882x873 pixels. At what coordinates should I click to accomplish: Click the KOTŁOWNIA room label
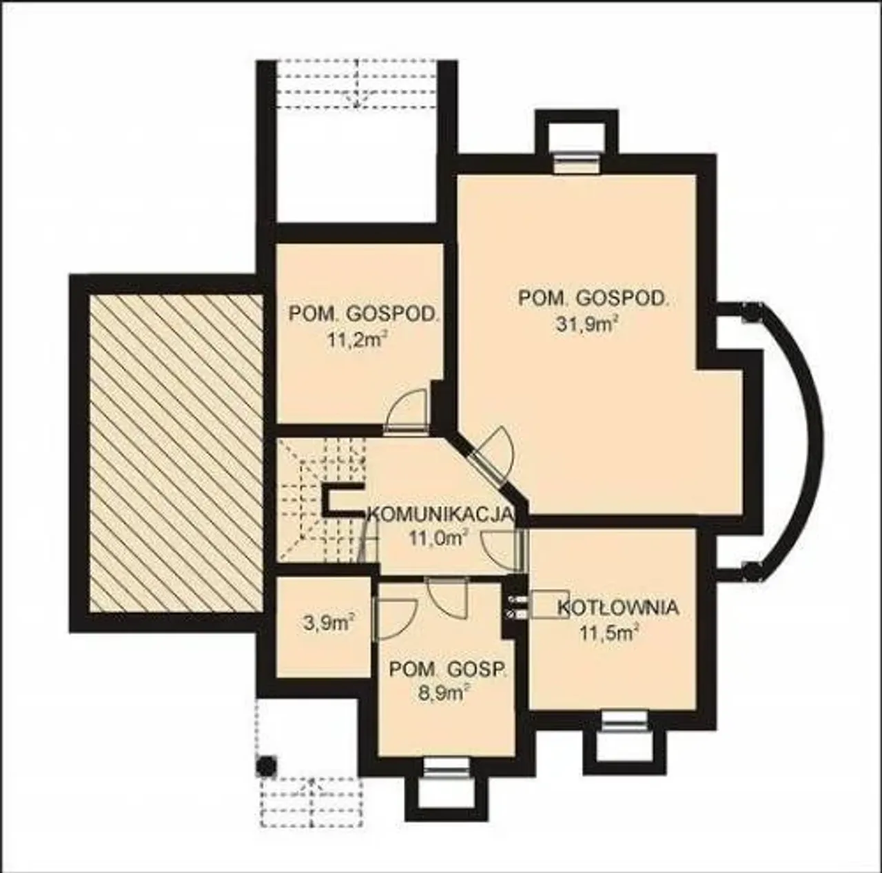[617, 608]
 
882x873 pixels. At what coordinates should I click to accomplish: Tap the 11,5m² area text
[609, 634]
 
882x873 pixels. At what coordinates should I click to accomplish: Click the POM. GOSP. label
[448, 669]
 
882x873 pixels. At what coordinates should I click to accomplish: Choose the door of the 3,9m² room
[395, 619]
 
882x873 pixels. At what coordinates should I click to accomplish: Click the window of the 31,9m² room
[577, 164]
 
